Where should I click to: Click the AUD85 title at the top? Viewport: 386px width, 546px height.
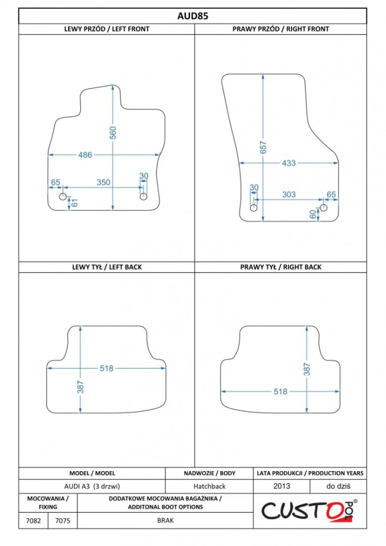pos(193,16)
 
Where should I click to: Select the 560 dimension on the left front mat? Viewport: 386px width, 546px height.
pos(113,133)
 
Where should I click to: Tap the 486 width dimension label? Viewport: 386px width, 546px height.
pos(85,155)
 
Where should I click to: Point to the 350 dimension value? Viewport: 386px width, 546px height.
pos(103,182)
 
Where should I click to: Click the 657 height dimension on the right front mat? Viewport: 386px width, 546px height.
pos(264,147)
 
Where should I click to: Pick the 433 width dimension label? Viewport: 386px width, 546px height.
pos(288,163)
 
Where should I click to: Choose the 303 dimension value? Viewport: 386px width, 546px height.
pos(289,194)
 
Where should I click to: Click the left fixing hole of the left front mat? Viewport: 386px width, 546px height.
pos(63,197)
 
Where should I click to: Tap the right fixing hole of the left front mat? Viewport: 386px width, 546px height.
pos(144,197)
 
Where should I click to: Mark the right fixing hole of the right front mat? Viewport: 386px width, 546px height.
pos(324,208)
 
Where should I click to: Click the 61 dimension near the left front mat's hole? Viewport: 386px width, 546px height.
pos(74,203)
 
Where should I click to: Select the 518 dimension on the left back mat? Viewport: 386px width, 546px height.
pos(106,368)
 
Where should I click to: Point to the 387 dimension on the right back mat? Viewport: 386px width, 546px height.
pos(307,369)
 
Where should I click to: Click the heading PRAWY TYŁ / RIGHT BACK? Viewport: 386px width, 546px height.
pos(281,267)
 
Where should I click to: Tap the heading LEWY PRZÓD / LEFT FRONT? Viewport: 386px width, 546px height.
pos(106,29)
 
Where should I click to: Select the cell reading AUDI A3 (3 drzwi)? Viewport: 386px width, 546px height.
pos(92,486)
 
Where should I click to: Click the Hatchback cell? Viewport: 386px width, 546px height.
pos(210,486)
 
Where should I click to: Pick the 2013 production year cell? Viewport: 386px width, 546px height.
pos(282,486)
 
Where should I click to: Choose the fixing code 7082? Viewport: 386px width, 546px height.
pos(33,520)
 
